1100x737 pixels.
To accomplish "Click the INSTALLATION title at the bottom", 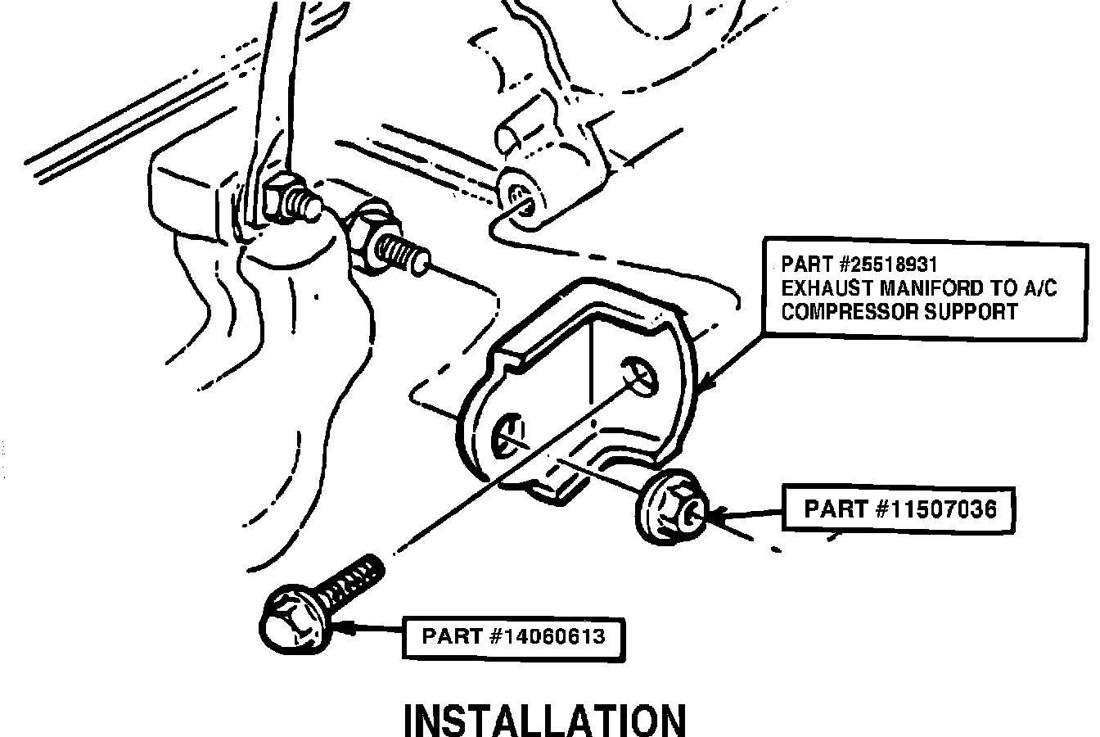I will coord(545,721).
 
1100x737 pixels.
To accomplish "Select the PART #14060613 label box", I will coord(513,636).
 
